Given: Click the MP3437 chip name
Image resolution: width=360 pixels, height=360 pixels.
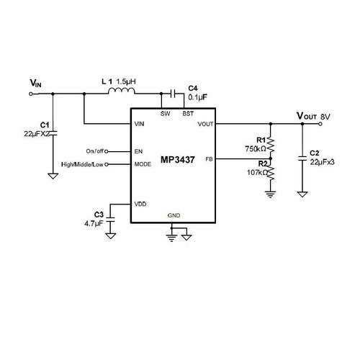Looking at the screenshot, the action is [x=177, y=160].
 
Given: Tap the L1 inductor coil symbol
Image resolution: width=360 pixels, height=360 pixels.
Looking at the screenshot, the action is [x=122, y=91].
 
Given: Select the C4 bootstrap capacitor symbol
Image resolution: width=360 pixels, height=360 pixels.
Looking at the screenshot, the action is [x=173, y=94].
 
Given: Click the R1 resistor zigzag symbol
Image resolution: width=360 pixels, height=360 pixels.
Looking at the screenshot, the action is [x=271, y=145].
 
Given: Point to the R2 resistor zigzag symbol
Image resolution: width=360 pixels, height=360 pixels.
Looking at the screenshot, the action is [x=271, y=172].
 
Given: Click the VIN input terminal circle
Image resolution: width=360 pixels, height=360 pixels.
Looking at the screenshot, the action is [x=31, y=94].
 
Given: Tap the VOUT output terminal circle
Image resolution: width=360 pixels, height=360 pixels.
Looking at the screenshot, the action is [x=320, y=124].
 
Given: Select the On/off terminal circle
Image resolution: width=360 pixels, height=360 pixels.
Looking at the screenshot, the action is [x=107, y=151].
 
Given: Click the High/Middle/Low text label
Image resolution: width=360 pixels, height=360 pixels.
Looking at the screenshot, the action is [x=82, y=164].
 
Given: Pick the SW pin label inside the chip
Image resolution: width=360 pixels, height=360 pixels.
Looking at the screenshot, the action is [x=165, y=114].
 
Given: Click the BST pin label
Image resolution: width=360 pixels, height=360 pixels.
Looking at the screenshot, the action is [x=188, y=114].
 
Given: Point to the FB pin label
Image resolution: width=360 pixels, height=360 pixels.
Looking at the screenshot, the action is [x=209, y=159].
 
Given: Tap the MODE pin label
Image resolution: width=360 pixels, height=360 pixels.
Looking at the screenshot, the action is [x=143, y=164].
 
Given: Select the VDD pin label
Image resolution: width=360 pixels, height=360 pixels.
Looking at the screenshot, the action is [x=140, y=204].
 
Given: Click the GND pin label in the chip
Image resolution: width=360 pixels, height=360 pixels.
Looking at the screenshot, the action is [x=174, y=215].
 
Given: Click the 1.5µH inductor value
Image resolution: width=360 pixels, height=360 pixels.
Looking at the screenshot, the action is [x=126, y=81].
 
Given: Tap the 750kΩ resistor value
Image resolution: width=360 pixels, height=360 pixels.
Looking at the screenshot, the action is [x=256, y=149].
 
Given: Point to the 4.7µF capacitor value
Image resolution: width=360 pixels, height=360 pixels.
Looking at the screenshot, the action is [x=94, y=224].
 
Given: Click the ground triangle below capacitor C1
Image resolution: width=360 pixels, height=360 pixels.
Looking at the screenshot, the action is [x=53, y=176].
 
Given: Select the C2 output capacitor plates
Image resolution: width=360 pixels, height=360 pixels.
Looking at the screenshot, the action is [x=302, y=158].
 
